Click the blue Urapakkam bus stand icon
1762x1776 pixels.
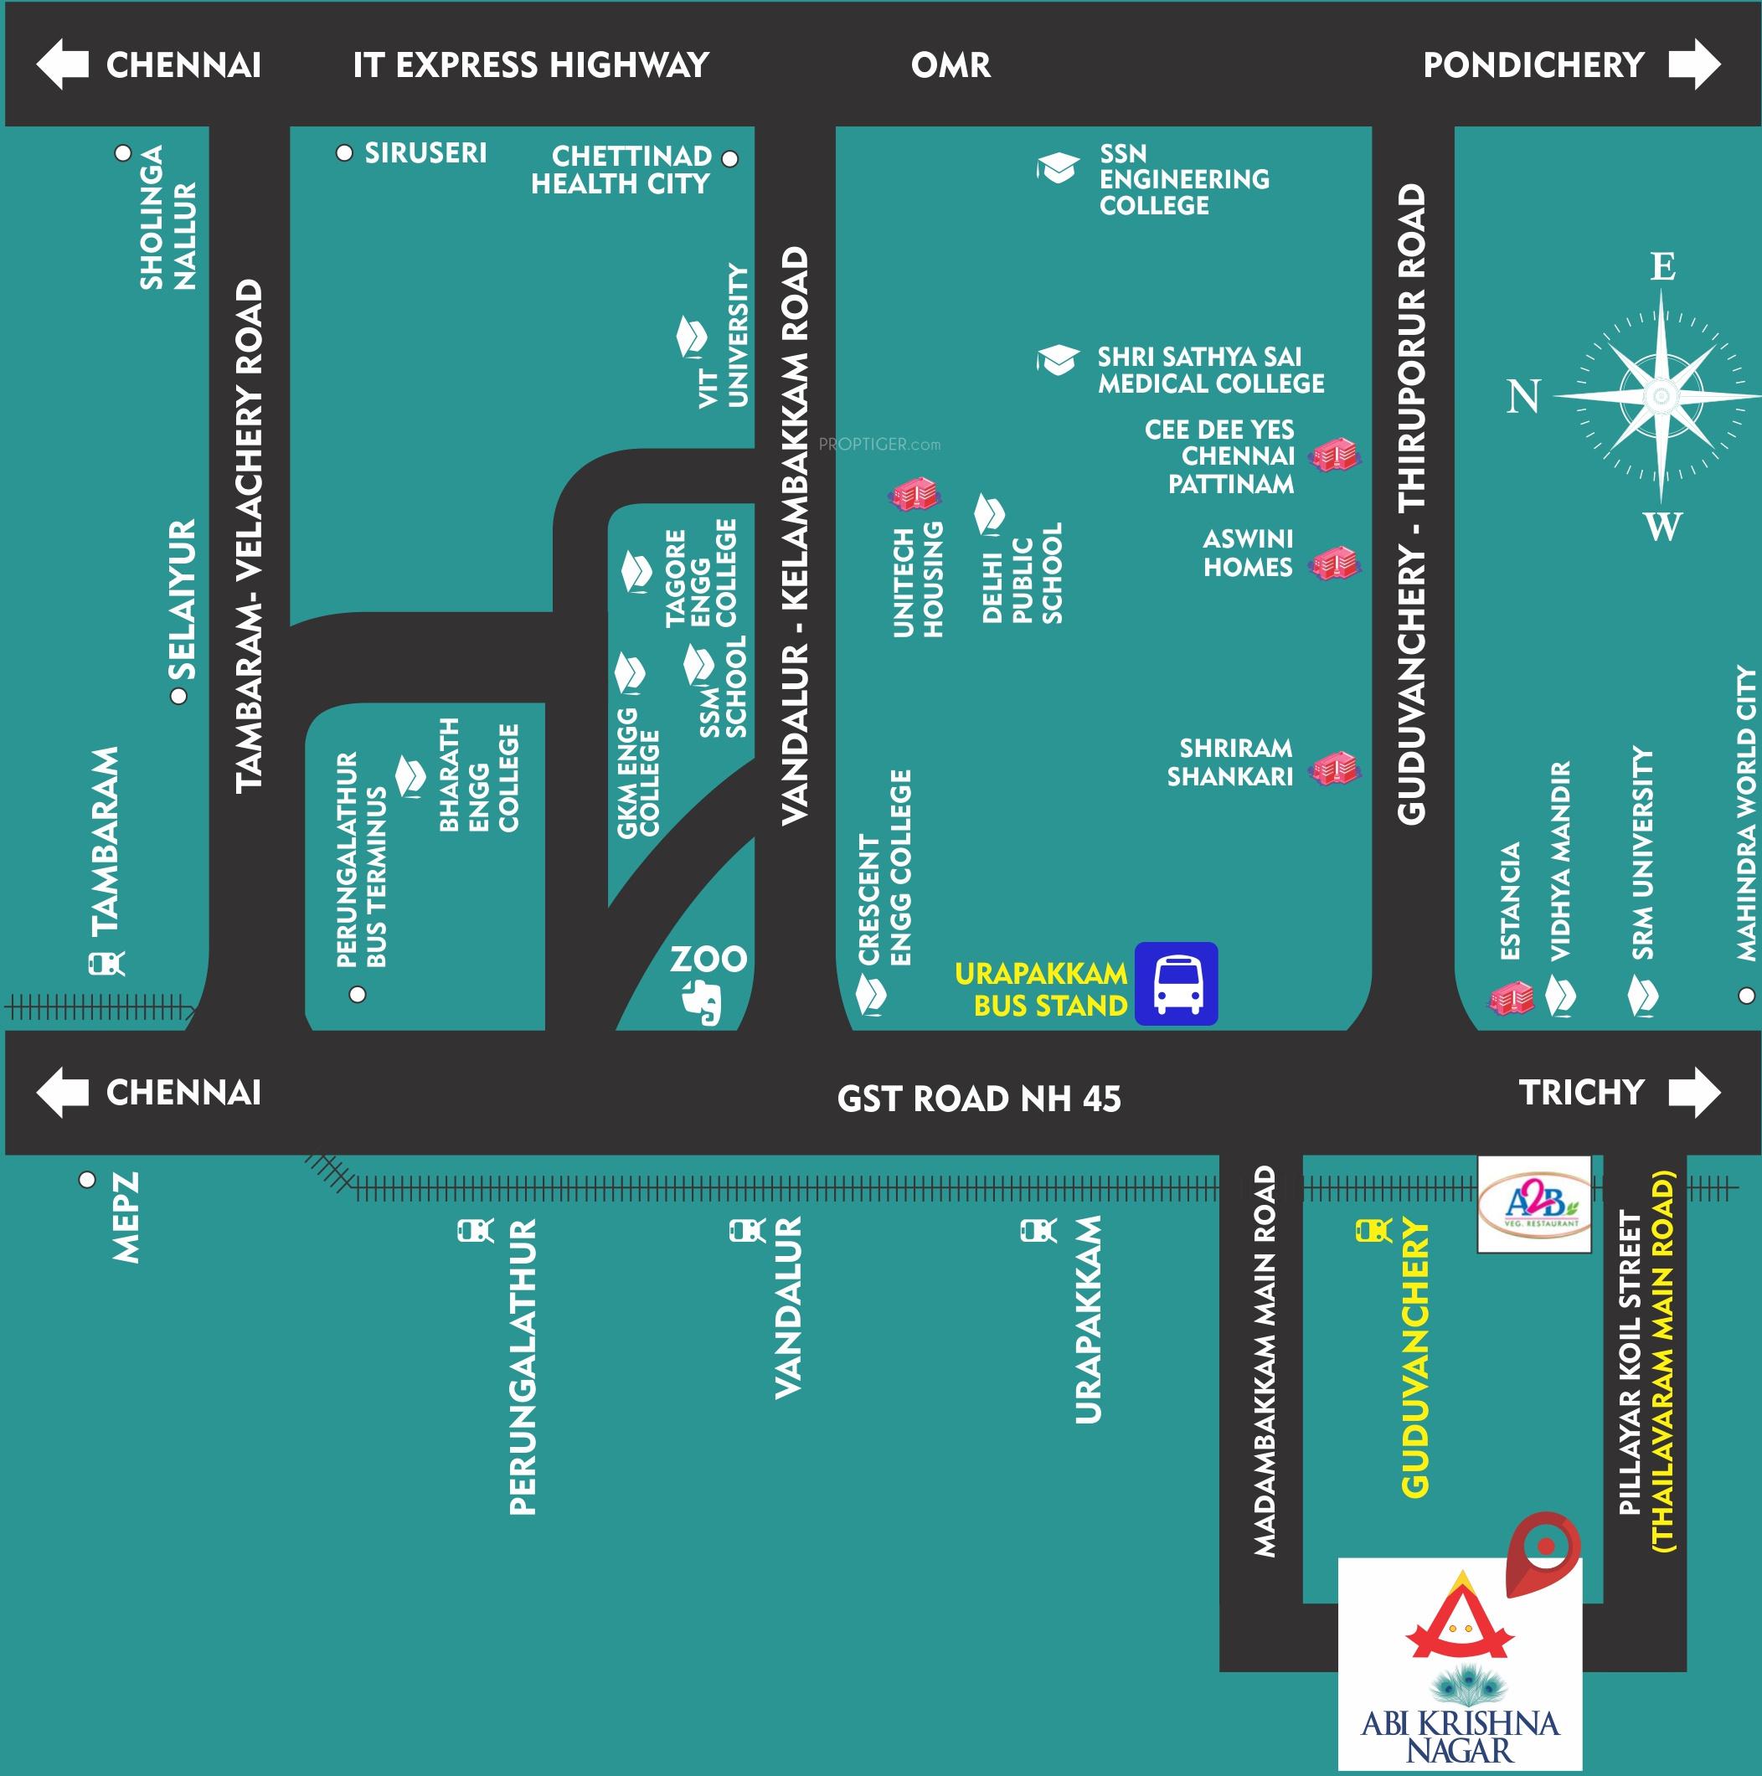point(1176,983)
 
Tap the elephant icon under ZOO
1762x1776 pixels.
point(704,1002)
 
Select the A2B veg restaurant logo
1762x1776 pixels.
point(1534,1203)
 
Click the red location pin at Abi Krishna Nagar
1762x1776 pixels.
point(1545,1549)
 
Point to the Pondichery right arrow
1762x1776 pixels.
point(1694,64)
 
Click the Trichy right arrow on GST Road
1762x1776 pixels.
point(1694,1092)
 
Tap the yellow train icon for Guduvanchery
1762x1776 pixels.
point(1374,1230)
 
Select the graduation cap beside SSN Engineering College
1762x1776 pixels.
point(1057,168)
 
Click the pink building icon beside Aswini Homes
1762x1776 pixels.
point(1336,563)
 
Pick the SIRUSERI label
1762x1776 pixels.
point(425,152)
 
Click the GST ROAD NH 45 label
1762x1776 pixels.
point(979,1099)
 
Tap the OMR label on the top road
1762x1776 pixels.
point(951,65)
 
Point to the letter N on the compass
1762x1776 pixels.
point(1523,396)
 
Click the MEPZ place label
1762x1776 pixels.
point(126,1217)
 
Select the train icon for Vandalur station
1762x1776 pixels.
point(746,1230)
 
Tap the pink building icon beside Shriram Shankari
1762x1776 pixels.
point(1336,768)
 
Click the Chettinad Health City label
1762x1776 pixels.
point(621,170)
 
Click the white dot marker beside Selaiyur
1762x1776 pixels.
point(179,696)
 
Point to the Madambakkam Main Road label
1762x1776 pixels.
point(1265,1362)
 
